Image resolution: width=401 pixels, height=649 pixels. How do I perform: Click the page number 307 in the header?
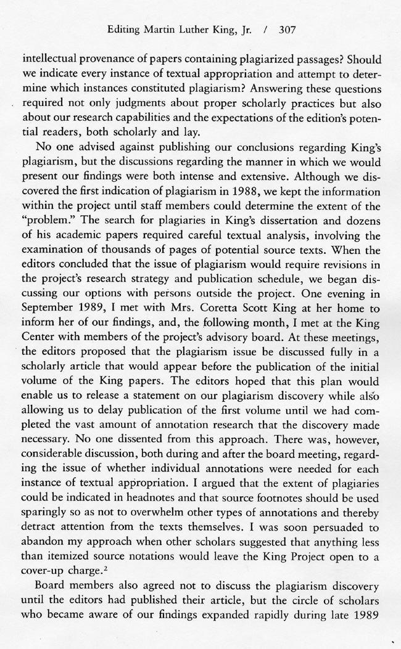[x=290, y=29]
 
